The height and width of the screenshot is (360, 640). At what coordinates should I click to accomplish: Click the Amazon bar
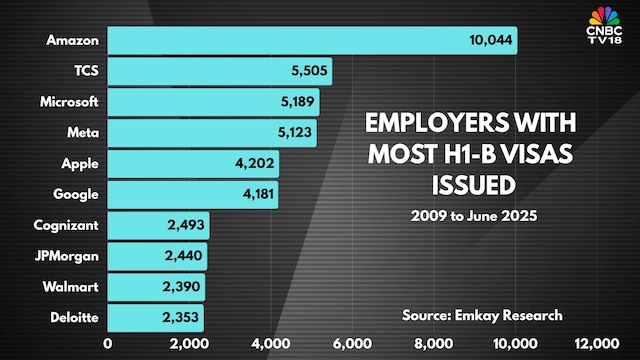[x=312, y=40]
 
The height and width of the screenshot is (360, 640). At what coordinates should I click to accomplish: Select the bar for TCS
[x=220, y=71]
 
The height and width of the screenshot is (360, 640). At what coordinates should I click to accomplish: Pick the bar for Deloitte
[x=155, y=319]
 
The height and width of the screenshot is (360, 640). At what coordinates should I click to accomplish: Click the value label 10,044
[x=489, y=40]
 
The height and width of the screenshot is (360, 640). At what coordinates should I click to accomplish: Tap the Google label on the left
[x=75, y=195]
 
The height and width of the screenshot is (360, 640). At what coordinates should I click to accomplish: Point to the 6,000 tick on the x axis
[x=353, y=346]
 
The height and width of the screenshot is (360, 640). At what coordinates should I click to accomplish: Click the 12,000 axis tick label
[x=597, y=346]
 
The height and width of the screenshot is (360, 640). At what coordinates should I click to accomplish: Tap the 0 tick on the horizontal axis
[x=108, y=346]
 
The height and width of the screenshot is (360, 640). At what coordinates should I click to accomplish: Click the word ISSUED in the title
[x=472, y=185]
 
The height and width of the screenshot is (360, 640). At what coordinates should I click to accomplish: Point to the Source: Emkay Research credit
[x=482, y=316]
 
